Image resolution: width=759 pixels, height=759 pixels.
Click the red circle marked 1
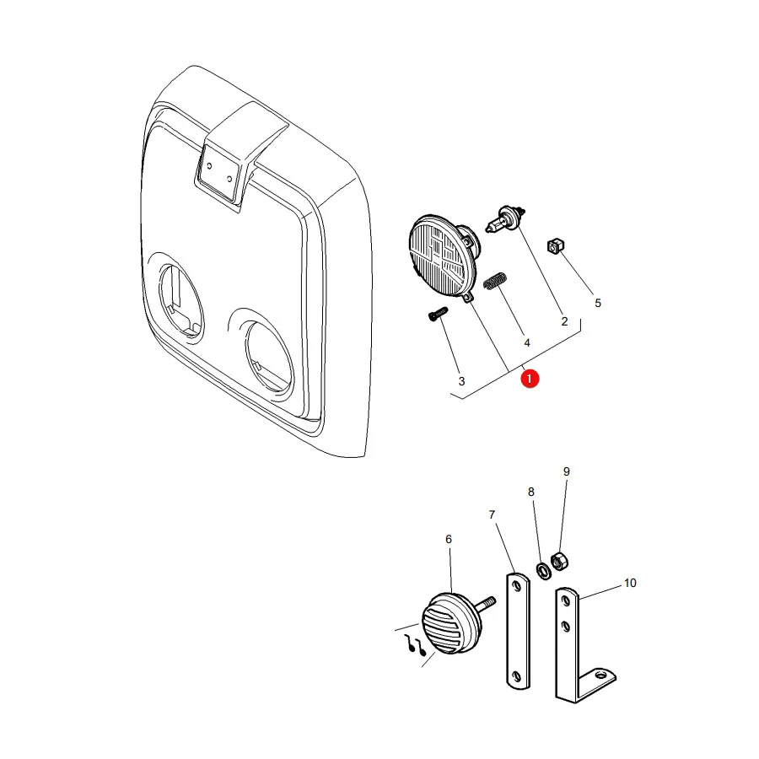coord(530,379)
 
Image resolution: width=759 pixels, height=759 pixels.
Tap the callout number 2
coord(564,321)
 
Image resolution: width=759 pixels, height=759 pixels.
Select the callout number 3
coord(462,381)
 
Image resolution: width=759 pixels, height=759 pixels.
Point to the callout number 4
coord(527,342)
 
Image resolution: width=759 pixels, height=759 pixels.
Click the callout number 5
coord(598,303)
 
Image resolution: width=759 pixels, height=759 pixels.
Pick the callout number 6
coord(449,539)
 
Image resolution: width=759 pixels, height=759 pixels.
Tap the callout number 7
coord(492,514)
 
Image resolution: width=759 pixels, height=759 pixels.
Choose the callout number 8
coord(531,492)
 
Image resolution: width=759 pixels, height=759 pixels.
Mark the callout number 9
coord(567,471)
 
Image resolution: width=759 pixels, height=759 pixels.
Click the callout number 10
coord(630,583)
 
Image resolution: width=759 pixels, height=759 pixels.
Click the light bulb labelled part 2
coord(505,220)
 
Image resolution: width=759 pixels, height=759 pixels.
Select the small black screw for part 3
coord(438,314)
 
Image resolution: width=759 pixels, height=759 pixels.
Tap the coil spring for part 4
coord(496,281)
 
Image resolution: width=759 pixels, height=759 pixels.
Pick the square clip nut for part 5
coord(556,246)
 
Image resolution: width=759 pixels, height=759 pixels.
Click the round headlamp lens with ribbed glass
coord(441,256)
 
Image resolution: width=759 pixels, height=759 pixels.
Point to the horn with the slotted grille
coord(451,624)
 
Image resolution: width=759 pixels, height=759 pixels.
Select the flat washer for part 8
coord(544,571)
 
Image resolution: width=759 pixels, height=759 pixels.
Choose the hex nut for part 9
coord(559,562)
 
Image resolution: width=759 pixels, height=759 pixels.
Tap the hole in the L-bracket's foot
coord(601,675)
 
